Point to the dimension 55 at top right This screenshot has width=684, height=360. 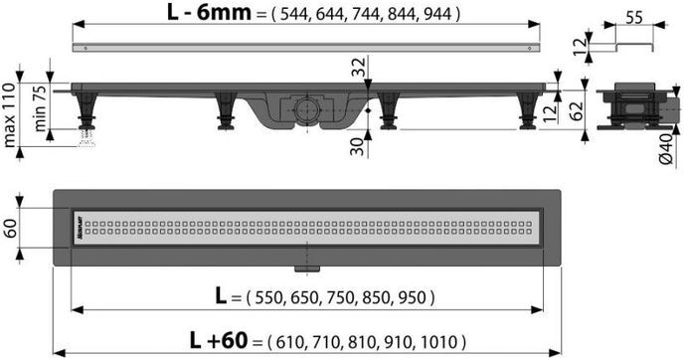click(631, 18)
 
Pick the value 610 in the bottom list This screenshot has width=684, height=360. click(296, 343)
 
